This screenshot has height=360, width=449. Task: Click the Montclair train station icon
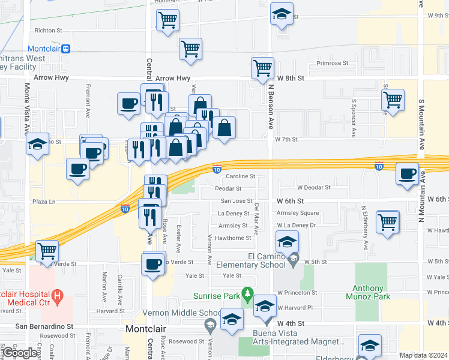(x=66, y=49)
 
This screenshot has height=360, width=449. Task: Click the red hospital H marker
(x=57, y=295)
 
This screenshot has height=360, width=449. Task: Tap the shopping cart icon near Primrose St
(x=262, y=68)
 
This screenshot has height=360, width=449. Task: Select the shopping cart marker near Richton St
(x=167, y=20)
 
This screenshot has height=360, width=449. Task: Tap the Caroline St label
(x=241, y=176)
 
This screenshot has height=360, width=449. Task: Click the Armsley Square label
(x=298, y=213)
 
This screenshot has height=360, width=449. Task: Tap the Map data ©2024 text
(x=423, y=355)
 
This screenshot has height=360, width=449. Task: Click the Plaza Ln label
(x=43, y=202)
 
